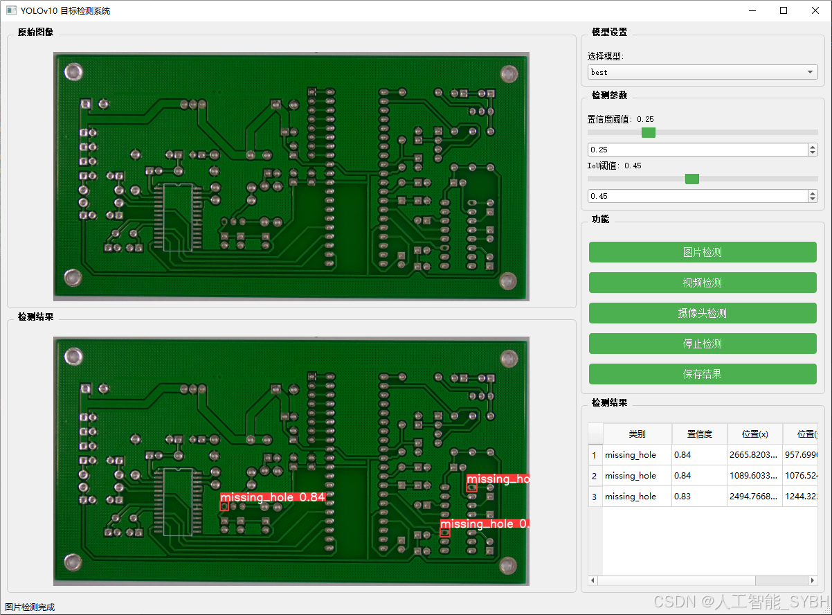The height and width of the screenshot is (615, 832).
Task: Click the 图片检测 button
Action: [x=703, y=252]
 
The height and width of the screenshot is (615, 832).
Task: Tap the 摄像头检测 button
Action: [x=703, y=313]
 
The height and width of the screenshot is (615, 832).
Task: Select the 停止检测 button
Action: [x=703, y=344]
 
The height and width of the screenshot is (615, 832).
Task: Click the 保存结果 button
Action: [x=703, y=374]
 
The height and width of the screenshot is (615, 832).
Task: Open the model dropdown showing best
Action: [x=703, y=72]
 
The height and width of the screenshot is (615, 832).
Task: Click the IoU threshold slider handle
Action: [x=691, y=179]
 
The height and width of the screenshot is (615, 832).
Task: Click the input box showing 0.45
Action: [x=697, y=196]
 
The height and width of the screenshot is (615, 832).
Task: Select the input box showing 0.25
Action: [x=697, y=150]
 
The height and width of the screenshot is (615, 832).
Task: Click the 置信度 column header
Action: [x=699, y=434]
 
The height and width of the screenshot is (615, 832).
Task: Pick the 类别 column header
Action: [x=637, y=434]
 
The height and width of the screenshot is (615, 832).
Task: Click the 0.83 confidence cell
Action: [x=699, y=497]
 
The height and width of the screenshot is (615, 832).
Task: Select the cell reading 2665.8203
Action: [x=754, y=455]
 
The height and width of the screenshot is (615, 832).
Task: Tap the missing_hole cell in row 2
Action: [x=637, y=476]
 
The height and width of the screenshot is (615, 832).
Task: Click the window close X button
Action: [x=815, y=10]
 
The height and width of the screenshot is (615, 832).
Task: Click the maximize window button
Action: [x=784, y=10]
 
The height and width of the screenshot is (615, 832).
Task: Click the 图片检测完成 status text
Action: [x=30, y=607]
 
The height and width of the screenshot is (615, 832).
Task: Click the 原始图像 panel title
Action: [x=35, y=32]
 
